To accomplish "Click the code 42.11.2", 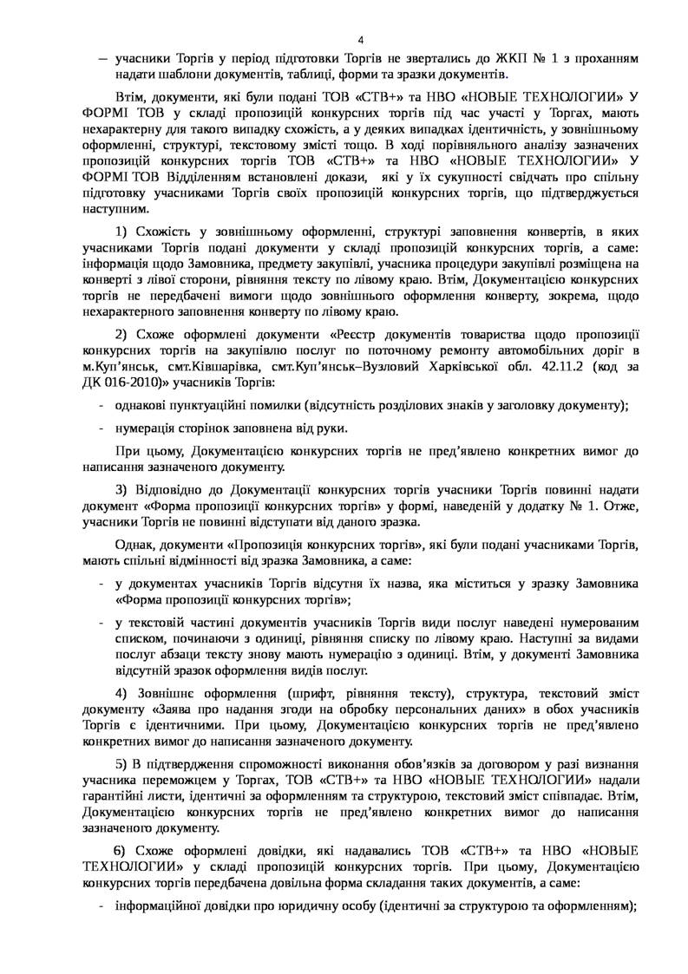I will tap(547, 366).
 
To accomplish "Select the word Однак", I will tap(133, 544).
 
